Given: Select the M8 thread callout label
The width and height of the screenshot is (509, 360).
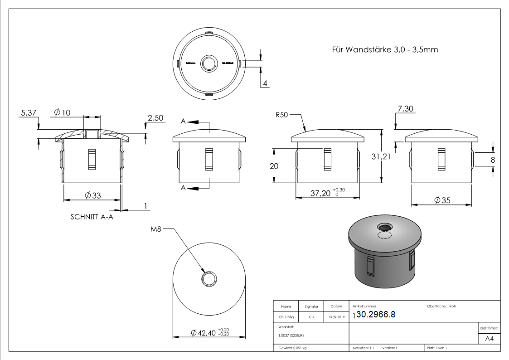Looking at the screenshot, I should point(156,229).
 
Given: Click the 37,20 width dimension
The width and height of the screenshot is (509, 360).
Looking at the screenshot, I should point(320,193).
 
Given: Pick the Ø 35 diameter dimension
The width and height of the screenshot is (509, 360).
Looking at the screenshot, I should point(442,200).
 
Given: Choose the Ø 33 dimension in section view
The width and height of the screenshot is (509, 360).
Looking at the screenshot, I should point(92,195).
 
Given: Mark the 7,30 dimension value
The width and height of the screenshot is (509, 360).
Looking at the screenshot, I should point(406,109).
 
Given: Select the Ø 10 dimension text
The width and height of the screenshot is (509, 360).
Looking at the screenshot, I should point(62,113).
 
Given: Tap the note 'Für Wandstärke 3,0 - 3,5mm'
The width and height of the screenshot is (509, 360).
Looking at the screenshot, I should point(385,49).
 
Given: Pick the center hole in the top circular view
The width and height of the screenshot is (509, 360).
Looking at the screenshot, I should point(209,63).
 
